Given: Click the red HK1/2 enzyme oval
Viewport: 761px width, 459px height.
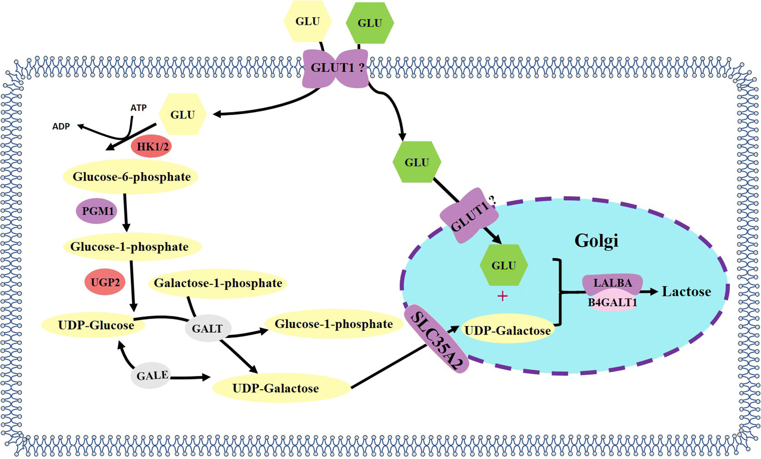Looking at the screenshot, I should pyautogui.click(x=151, y=147).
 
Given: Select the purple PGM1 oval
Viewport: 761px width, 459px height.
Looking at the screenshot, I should pyautogui.click(x=97, y=211).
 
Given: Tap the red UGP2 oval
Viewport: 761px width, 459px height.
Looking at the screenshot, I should pyautogui.click(x=105, y=282).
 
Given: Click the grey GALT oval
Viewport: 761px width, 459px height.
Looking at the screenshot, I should pyautogui.click(x=207, y=328).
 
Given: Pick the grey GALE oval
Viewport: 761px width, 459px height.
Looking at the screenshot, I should pyautogui.click(x=151, y=376).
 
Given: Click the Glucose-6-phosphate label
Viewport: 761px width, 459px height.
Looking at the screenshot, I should pyautogui.click(x=131, y=177).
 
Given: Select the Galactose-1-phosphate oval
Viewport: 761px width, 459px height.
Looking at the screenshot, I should pyautogui.click(x=217, y=283).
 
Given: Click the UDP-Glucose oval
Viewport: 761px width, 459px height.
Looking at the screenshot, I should pyautogui.click(x=95, y=325).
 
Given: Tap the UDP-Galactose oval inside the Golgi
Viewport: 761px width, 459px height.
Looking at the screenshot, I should pyautogui.click(x=507, y=331).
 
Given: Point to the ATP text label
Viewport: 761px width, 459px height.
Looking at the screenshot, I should pyautogui.click(x=138, y=108).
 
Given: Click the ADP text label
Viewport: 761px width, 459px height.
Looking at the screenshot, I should pyautogui.click(x=61, y=126).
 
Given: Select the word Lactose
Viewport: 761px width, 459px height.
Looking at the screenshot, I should pyautogui.click(x=686, y=292).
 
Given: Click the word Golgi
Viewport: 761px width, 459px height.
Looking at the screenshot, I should pyautogui.click(x=596, y=241).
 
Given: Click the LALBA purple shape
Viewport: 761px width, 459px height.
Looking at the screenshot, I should pyautogui.click(x=612, y=283).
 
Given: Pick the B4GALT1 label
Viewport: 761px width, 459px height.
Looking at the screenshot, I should pyautogui.click(x=612, y=302).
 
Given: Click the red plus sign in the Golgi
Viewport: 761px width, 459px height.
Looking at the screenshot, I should pyautogui.click(x=503, y=296).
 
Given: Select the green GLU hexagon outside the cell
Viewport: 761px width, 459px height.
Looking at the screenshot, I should pyautogui.click(x=370, y=23).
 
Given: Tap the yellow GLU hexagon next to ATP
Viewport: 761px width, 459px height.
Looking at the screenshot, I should pyautogui.click(x=183, y=115).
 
